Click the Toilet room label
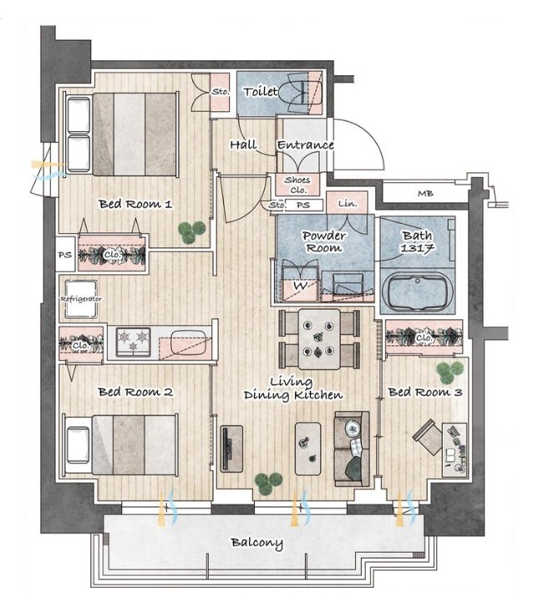tap(261, 92)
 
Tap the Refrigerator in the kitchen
tap(81, 298)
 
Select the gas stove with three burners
tap(134, 342)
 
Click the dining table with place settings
tap(319, 339)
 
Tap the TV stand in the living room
tap(231, 448)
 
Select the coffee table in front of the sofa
tap(307, 448)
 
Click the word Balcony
tap(256, 543)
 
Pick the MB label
tap(425, 193)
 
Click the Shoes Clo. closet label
tap(297, 185)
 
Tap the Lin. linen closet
tap(347, 202)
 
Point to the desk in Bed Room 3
tap(454, 449)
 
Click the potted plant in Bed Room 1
tap(191, 232)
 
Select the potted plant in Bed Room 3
tap(449, 372)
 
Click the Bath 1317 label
tap(417, 242)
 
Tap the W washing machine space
tap(300, 285)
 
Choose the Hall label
tap(243, 145)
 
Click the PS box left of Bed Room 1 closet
tap(65, 254)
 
